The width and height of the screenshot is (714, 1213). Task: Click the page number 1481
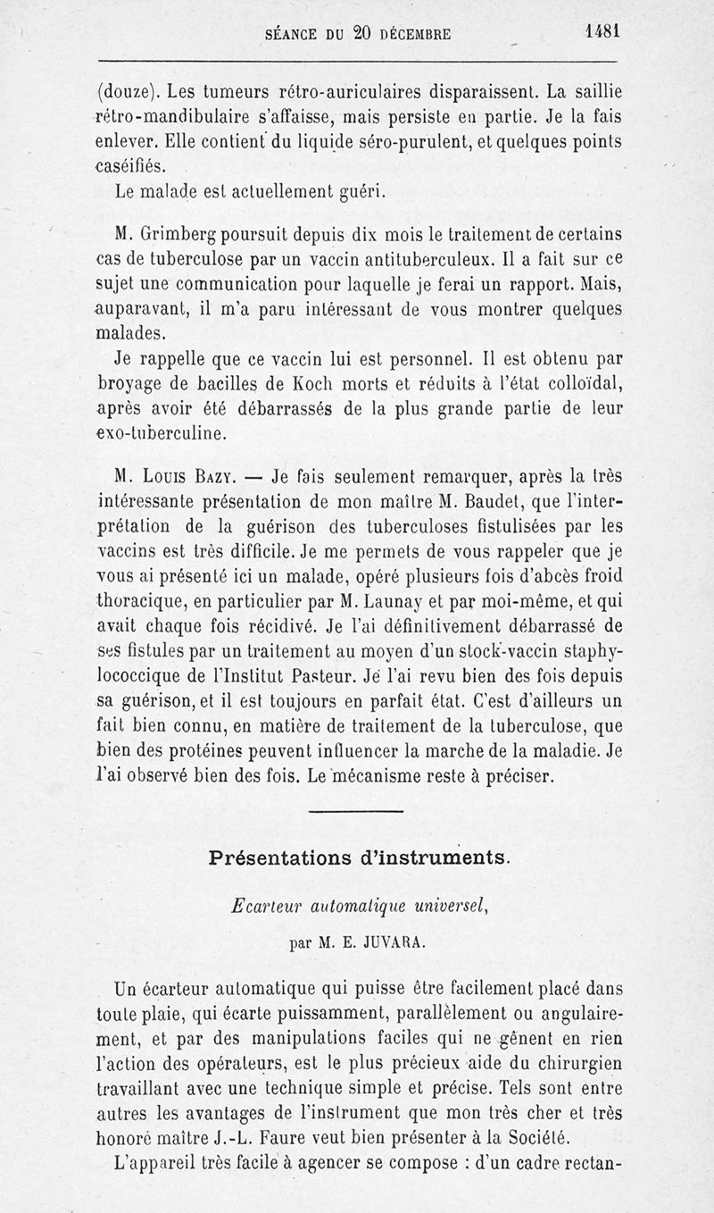coord(602,30)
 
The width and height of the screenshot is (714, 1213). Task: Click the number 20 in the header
coord(361,34)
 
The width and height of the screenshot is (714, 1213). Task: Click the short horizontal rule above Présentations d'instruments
coord(356,811)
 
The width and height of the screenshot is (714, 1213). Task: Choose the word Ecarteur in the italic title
coord(260,904)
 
